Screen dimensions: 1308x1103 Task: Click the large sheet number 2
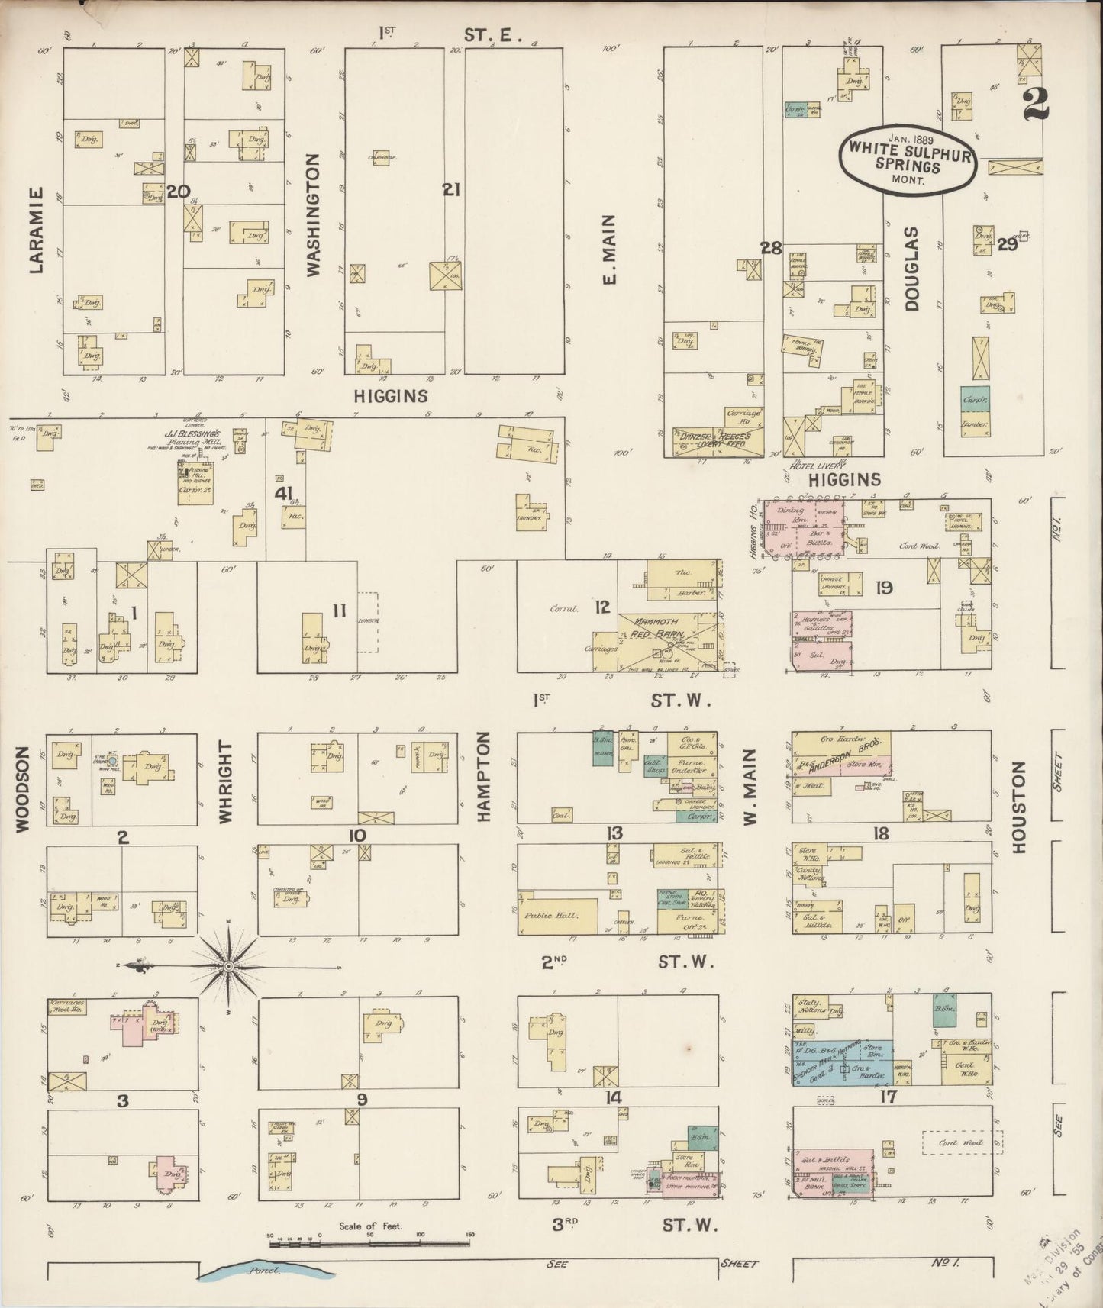pos(1037,102)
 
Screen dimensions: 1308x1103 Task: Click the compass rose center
pos(228,966)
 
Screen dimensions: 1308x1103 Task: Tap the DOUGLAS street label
pos(911,268)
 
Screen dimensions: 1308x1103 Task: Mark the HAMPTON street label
pos(482,775)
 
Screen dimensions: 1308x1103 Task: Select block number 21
pos(451,190)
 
